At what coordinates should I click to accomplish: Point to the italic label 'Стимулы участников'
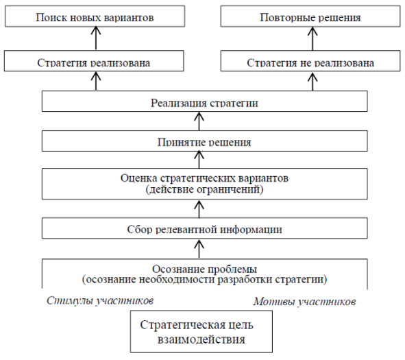(x=100, y=300)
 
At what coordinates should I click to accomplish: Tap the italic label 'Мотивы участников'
(x=304, y=301)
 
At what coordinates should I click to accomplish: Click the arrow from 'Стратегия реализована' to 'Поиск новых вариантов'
(x=96, y=38)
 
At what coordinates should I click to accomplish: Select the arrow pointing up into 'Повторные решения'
(x=312, y=38)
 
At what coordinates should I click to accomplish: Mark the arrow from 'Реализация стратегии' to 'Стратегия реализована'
(x=96, y=81)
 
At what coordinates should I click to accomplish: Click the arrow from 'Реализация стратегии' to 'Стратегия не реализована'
(x=312, y=81)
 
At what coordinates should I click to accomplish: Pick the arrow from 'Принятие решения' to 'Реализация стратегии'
(x=199, y=121)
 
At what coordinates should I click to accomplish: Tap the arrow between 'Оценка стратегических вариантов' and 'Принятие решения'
(x=199, y=160)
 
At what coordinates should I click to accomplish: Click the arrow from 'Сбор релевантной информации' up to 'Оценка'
(x=199, y=208)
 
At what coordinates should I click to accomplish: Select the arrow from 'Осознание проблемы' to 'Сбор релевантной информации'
(x=199, y=249)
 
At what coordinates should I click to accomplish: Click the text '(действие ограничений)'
(x=205, y=189)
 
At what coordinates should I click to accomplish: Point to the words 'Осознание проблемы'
(x=205, y=269)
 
